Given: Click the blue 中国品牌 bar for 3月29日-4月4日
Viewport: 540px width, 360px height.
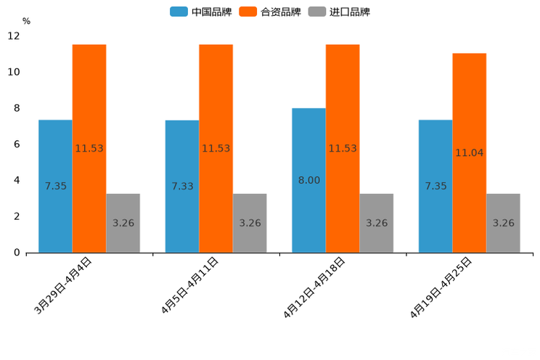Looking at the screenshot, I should (x=55, y=186).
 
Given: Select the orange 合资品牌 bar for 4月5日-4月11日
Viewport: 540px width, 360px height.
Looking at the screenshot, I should (x=216, y=148).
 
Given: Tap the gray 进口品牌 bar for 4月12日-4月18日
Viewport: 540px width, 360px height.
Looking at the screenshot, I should (x=377, y=223).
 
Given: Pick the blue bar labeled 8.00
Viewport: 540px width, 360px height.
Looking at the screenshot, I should (x=308, y=180).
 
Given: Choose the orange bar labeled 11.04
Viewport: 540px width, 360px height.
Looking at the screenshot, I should (x=469, y=152).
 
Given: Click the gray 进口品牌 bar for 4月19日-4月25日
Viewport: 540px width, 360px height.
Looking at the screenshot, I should (x=503, y=223).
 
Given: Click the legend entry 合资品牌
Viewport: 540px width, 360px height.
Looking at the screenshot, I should (x=270, y=12).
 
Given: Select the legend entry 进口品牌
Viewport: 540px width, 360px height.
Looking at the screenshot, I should (x=340, y=12).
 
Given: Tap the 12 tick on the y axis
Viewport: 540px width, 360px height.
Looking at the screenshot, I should (x=14, y=36).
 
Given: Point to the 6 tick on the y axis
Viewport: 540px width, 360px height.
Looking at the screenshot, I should (x=17, y=144).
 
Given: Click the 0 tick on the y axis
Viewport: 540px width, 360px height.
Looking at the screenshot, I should (x=17, y=253).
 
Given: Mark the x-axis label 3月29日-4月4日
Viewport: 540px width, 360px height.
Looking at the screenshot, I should (x=63, y=285).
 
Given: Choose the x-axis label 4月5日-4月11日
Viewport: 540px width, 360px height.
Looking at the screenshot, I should (x=190, y=285).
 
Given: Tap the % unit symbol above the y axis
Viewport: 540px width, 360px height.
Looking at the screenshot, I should (x=26, y=21).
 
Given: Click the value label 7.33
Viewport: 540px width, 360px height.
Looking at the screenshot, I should (x=182, y=187).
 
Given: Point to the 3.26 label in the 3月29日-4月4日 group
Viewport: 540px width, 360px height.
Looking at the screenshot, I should (x=123, y=223).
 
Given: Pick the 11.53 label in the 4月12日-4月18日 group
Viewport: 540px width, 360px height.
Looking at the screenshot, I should (x=343, y=148).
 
